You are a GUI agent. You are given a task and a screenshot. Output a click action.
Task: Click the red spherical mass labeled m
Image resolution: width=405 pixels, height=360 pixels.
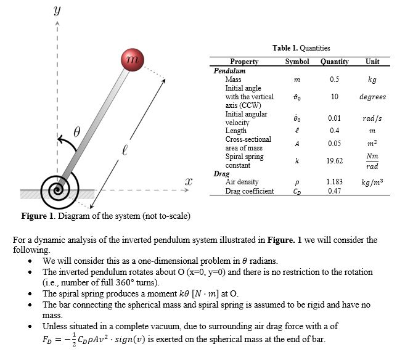[131, 60]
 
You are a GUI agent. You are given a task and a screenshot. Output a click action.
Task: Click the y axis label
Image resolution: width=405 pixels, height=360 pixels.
[57, 10]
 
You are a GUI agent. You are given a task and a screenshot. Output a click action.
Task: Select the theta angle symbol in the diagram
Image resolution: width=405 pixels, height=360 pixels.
[77, 132]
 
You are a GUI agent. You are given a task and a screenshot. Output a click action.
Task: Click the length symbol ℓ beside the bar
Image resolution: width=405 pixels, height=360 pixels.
[125, 150]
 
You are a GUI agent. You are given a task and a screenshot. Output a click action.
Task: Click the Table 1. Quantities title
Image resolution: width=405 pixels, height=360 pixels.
[301, 48]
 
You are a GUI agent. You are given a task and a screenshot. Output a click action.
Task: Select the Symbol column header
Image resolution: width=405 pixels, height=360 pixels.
[297, 62]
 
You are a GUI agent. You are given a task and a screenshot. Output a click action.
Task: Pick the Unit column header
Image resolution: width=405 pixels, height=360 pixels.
[372, 62]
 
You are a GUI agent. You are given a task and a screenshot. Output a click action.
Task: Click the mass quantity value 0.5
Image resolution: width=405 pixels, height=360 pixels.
[334, 80]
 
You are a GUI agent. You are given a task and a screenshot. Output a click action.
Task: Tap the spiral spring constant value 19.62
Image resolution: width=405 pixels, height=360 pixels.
[334, 161]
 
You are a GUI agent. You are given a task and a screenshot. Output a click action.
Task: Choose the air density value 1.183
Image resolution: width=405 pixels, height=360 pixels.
[334, 182]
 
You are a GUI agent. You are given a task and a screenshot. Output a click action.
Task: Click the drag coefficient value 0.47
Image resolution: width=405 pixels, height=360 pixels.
[334, 191]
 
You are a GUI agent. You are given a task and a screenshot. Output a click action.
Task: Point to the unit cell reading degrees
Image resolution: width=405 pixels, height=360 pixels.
[372, 97]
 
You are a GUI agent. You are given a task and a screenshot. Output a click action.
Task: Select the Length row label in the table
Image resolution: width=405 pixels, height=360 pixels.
[236, 131]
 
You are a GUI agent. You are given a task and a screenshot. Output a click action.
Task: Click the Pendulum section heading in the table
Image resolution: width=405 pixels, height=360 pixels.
[229, 71]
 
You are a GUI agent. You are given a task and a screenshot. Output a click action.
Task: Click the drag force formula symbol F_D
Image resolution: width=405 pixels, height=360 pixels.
[48, 338]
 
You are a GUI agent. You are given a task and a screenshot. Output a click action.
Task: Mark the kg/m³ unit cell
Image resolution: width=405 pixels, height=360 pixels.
[372, 182]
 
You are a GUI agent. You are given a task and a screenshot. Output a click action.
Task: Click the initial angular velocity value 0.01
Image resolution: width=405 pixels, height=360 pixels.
[334, 118]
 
